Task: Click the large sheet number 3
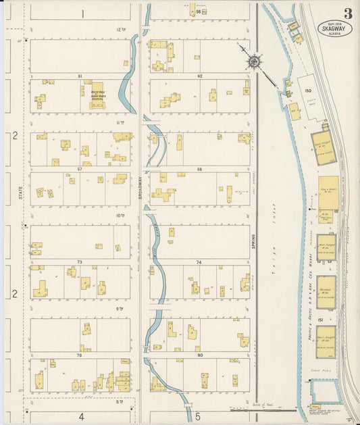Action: point(347,14)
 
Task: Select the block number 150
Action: point(308,91)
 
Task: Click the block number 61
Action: point(80,76)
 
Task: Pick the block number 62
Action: point(200,76)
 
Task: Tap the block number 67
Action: point(80,168)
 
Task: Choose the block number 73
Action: point(80,261)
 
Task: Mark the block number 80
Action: point(200,354)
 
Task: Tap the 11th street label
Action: point(120,123)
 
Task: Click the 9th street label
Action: point(120,308)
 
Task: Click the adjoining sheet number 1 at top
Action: point(82,14)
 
